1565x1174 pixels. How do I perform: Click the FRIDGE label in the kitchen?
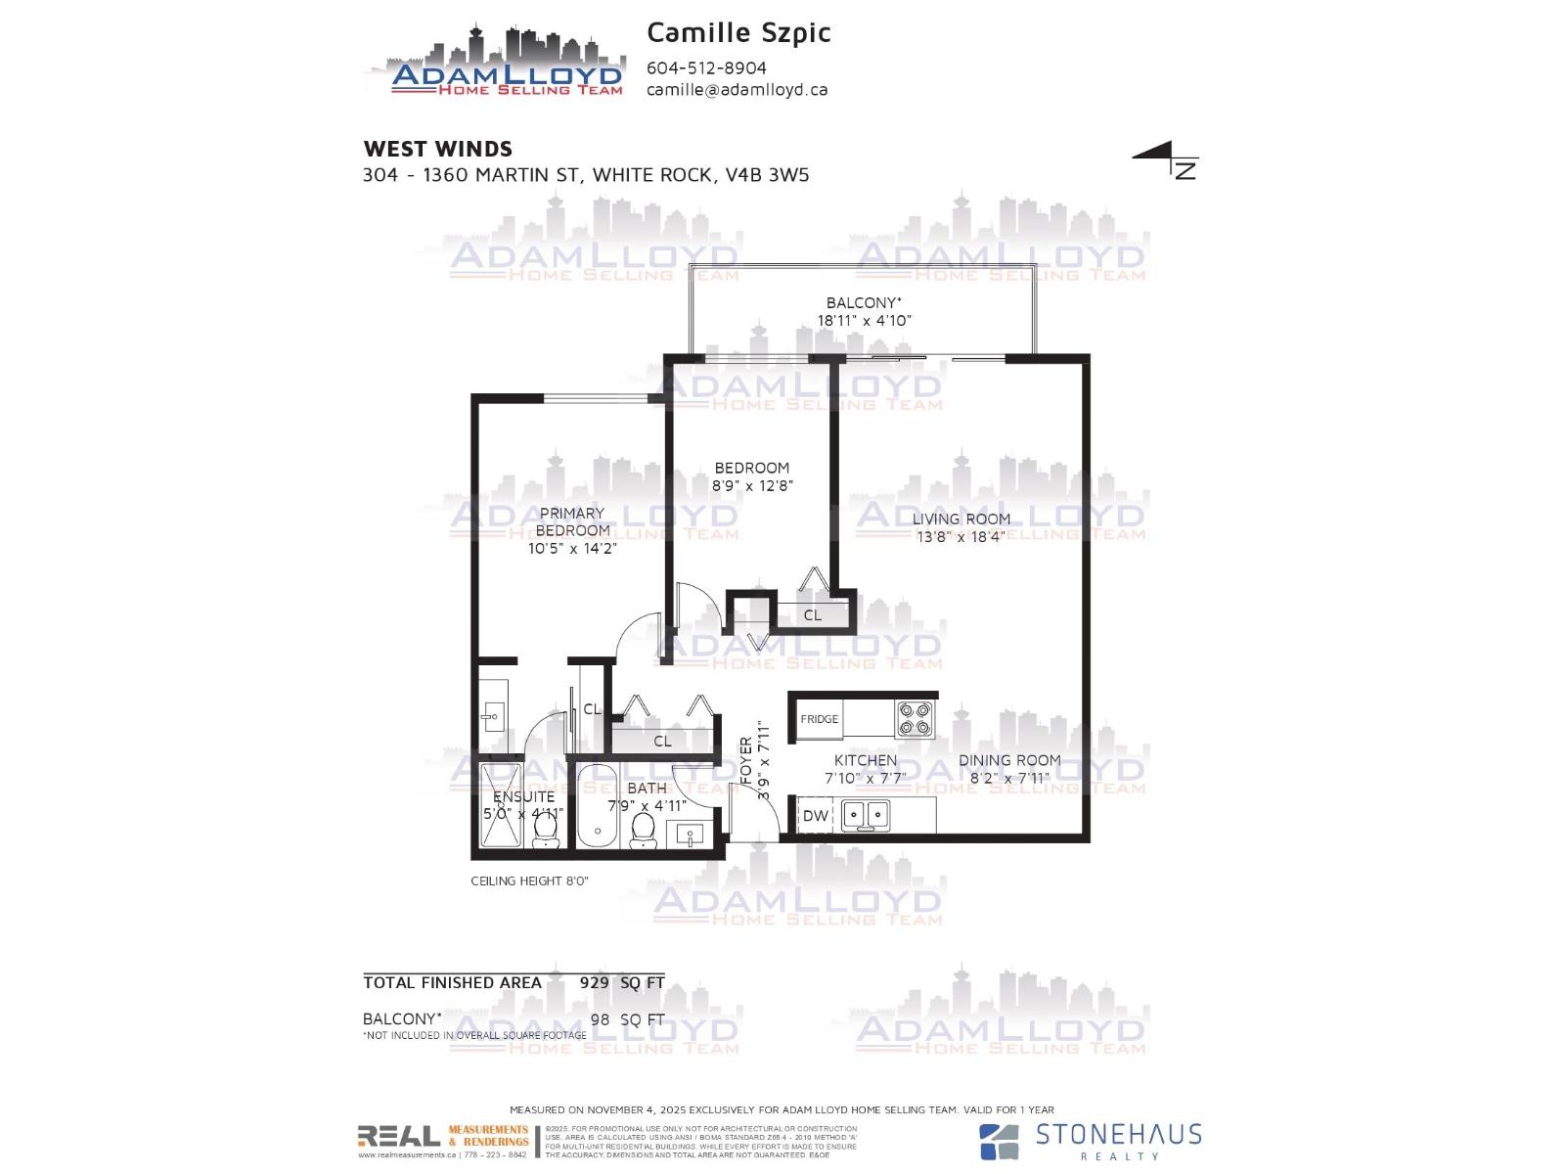[820, 719]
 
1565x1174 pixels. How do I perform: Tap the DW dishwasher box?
[815, 815]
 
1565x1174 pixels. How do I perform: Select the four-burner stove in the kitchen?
[916, 719]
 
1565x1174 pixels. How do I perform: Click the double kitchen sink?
[866, 814]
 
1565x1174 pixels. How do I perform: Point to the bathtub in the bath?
[594, 807]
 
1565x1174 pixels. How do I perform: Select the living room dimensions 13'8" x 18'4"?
[961, 537]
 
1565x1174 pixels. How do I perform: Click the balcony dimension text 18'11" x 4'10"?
[865, 321]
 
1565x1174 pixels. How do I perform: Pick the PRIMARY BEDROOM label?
[572, 521]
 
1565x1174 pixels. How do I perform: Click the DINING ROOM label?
[1009, 760]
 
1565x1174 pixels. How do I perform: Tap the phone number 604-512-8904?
[706, 68]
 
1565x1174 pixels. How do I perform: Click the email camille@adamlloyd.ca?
[737, 89]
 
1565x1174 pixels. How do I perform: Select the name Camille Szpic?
[738, 32]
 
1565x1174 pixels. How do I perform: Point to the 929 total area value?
[594, 982]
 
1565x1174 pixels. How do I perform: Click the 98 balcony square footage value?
[600, 1019]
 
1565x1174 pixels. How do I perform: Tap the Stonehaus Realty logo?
[1090, 1140]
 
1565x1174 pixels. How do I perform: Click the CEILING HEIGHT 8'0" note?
[529, 880]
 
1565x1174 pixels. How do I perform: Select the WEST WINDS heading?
[437, 149]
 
